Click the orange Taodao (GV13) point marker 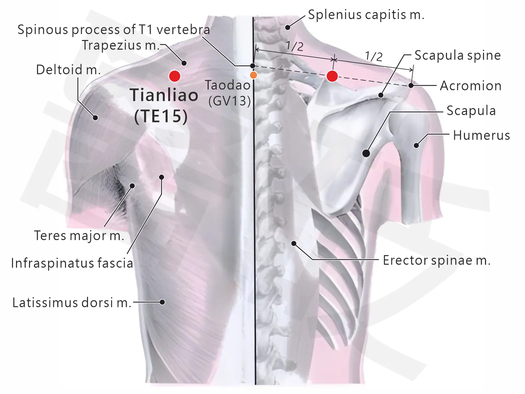click(254, 75)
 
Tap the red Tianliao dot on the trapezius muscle click(175, 76)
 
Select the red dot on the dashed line click(332, 76)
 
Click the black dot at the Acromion click(411, 85)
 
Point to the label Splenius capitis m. click(366, 15)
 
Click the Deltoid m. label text click(68, 70)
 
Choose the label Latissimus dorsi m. click(72, 303)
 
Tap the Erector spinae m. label click(437, 260)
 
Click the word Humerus click(481, 135)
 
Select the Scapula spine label click(458, 55)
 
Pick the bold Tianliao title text click(164, 95)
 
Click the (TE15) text click(161, 116)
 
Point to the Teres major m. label click(79, 236)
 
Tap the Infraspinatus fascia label click(72, 263)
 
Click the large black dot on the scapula click(366, 153)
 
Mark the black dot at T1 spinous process click(253, 66)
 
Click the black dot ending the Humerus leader click(416, 145)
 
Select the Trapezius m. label click(121, 45)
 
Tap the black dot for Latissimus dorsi click(162, 302)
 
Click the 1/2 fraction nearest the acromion click(374, 56)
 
